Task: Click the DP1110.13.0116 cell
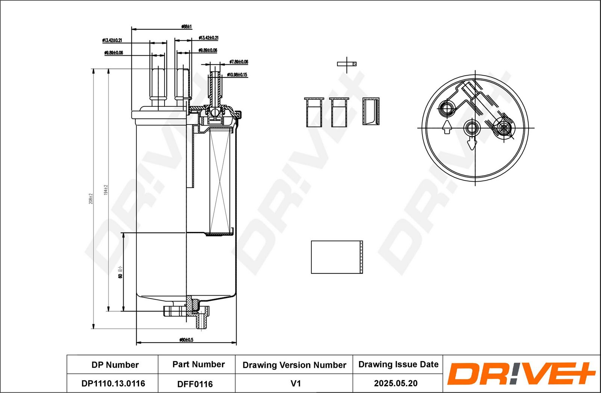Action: pyautogui.click(x=113, y=383)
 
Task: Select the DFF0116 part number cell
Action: pyautogui.click(x=195, y=384)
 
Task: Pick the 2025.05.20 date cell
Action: pyautogui.click(x=396, y=383)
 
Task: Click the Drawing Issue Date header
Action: pyautogui.click(x=398, y=364)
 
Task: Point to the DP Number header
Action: pyautogui.click(x=115, y=365)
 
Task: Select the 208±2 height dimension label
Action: pyautogui.click(x=91, y=199)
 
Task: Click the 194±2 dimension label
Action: pyautogui.click(x=106, y=190)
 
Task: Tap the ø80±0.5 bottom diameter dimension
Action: pyautogui.click(x=186, y=340)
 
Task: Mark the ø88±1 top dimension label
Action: pyautogui.click(x=186, y=27)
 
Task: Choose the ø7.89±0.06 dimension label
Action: pyautogui.click(x=239, y=62)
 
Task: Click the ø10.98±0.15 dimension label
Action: pyautogui.click(x=237, y=75)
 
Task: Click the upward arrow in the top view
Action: pyautogui.click(x=447, y=127)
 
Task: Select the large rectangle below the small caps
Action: pyautogui.click(x=337, y=257)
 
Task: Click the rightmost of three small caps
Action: pyautogui.click(x=371, y=111)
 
